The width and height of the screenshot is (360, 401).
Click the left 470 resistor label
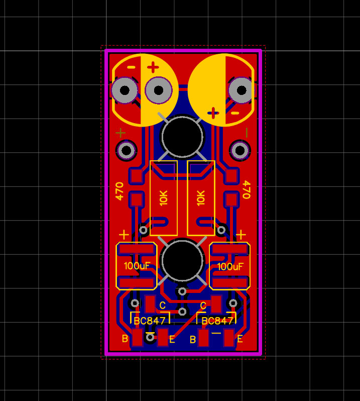point(119,191)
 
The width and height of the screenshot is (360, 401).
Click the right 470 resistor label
point(247,189)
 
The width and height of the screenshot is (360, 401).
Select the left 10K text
point(164,198)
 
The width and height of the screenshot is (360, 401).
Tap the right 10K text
point(201,198)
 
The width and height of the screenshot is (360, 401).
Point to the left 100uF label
point(137,266)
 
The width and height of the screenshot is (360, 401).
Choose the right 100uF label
point(230,267)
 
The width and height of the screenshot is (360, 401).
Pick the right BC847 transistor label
point(217,321)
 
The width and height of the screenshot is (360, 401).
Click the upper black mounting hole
point(182,137)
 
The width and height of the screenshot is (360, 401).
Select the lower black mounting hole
point(182,260)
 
